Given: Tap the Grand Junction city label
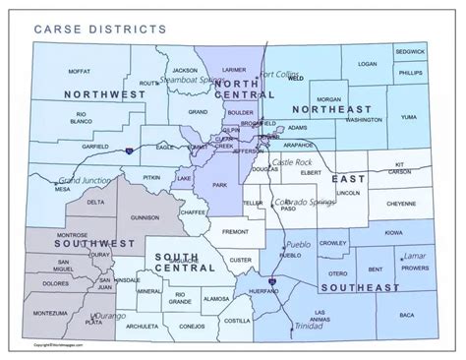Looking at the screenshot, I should point(84,182).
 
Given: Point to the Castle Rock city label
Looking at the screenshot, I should point(291,161).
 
